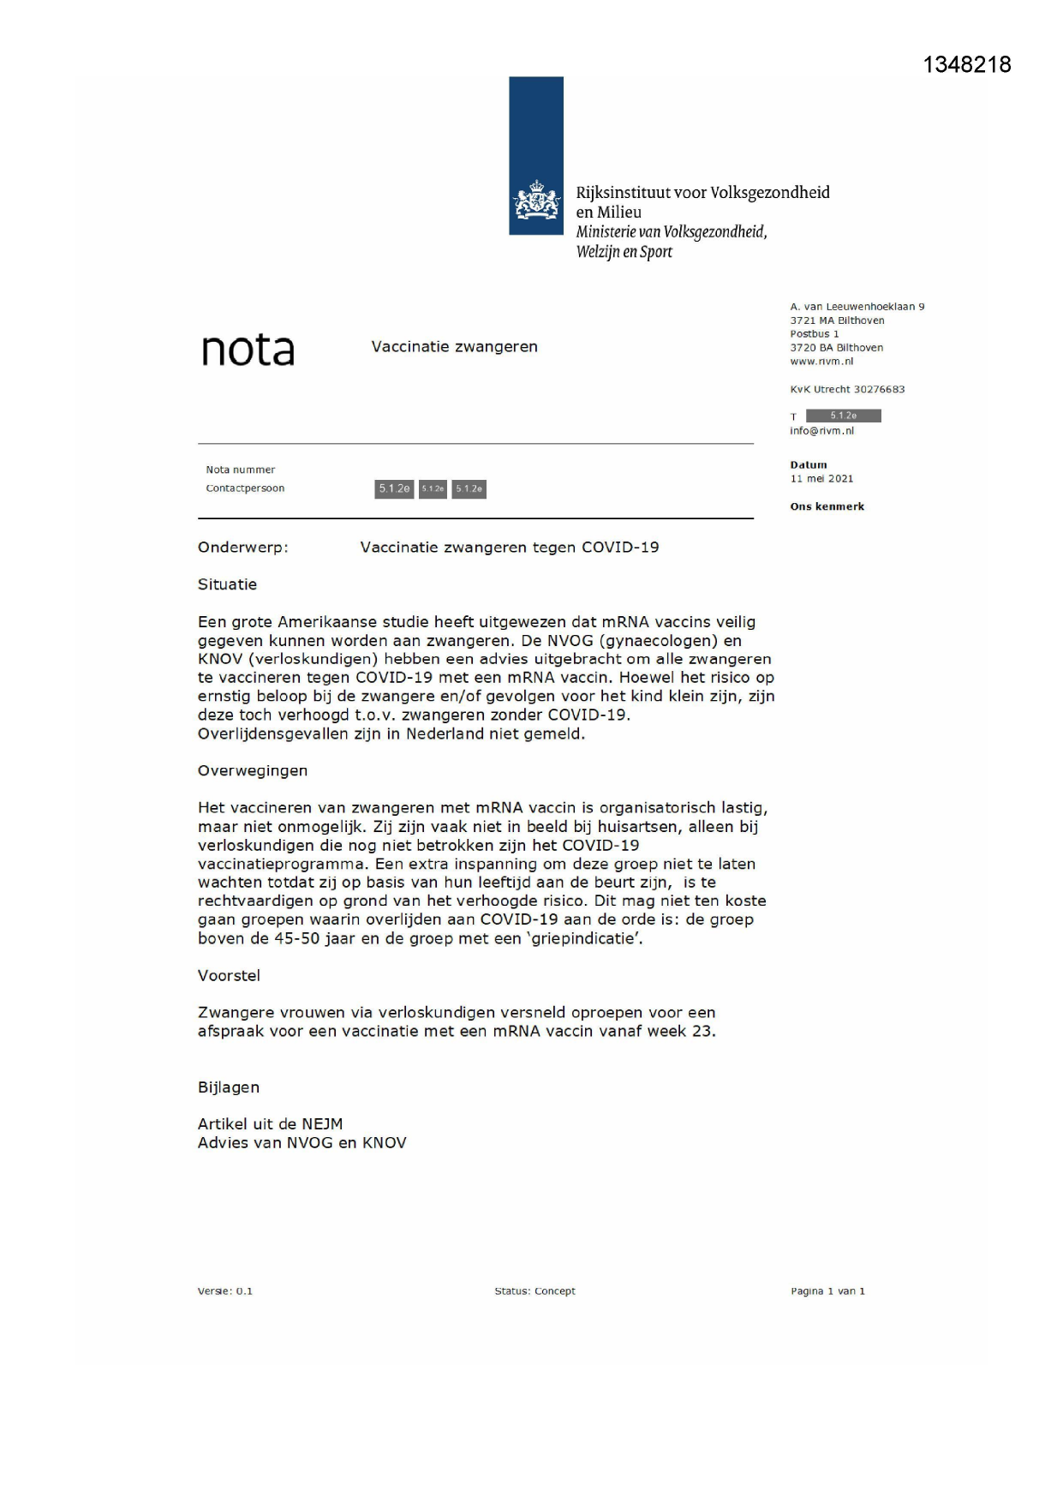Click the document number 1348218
point(966,65)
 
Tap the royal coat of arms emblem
point(536,201)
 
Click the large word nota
point(248,350)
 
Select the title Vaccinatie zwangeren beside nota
point(454,347)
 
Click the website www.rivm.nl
point(821,362)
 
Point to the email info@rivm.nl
point(821,431)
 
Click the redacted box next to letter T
point(843,416)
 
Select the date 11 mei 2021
point(821,479)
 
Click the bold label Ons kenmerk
point(827,506)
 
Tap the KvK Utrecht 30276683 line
point(846,389)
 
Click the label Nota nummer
point(240,470)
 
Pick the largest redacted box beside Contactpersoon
point(394,488)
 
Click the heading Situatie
point(227,584)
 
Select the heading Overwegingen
point(252,770)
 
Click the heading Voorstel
point(229,975)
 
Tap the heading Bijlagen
point(228,1087)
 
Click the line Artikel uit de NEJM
point(270,1123)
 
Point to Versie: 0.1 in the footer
point(224,1290)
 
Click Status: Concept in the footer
point(534,1290)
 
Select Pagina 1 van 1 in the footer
point(827,1290)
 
